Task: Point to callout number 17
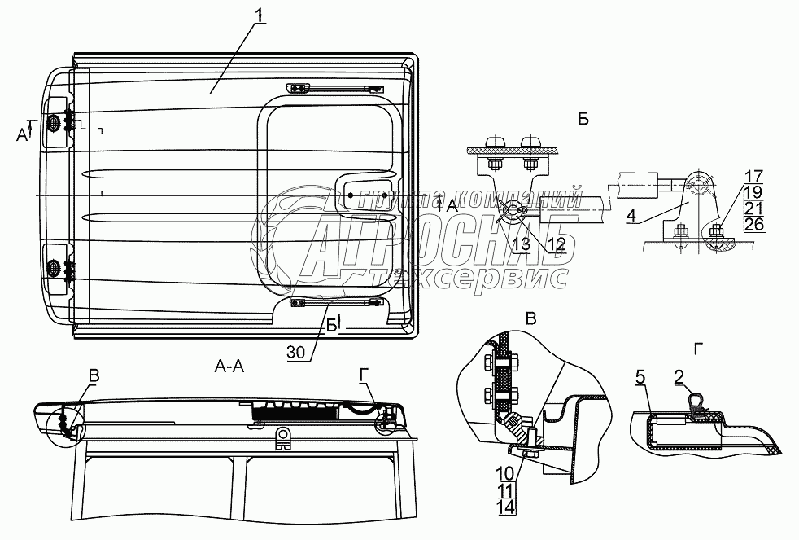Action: point(753,175)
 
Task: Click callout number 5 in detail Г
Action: point(640,376)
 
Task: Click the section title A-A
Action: point(229,367)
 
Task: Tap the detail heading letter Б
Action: point(583,119)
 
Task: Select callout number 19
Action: point(753,191)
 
